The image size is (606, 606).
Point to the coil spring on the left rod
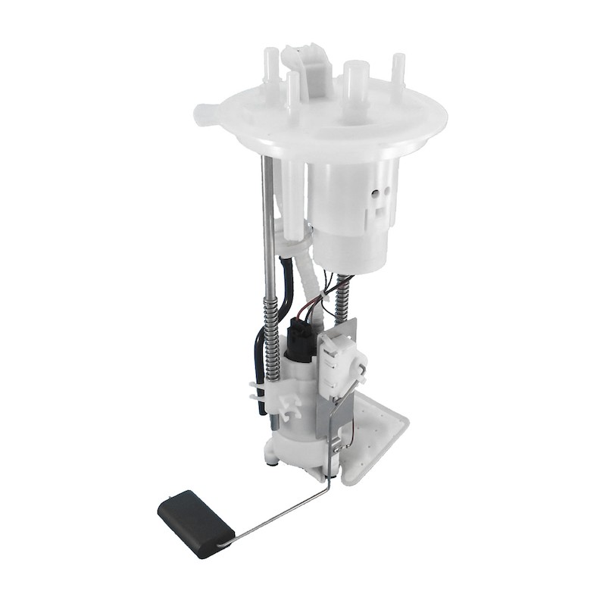click(x=271, y=333)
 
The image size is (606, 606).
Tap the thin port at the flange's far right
click(x=397, y=72)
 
